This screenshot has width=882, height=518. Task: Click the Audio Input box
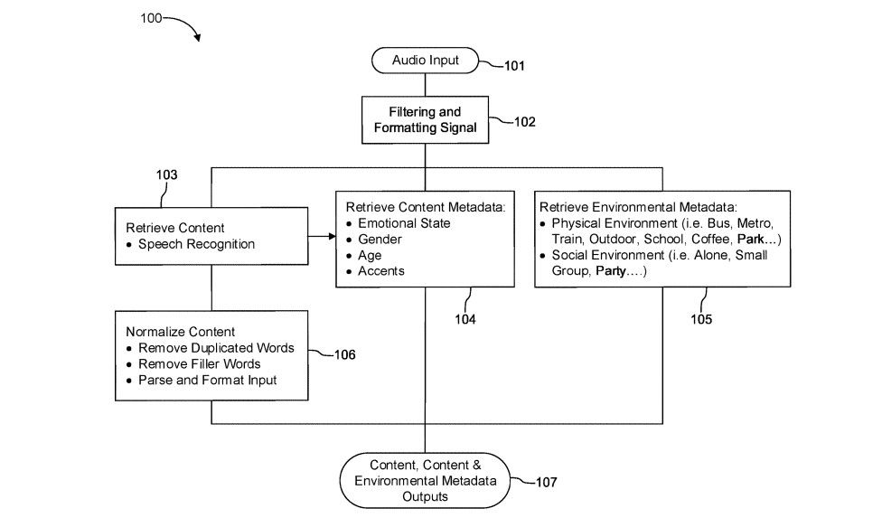[x=425, y=61]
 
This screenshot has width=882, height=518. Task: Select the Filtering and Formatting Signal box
[x=425, y=120]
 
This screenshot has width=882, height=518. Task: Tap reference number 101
[x=514, y=66]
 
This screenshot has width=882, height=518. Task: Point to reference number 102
[x=524, y=121]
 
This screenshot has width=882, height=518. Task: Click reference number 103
[x=166, y=174]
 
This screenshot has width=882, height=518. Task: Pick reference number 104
[x=464, y=318]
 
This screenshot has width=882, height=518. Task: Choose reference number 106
[x=343, y=354]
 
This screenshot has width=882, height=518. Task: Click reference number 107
[x=546, y=482]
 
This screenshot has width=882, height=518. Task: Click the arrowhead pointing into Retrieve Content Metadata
[x=330, y=237]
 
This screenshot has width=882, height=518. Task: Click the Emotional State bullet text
[x=404, y=222]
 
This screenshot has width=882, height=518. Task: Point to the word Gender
[x=380, y=239]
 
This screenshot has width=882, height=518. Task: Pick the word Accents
[x=381, y=271]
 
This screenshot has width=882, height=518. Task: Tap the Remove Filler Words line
[x=199, y=364]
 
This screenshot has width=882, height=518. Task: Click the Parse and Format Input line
[x=207, y=381]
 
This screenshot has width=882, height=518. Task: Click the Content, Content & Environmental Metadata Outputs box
[x=425, y=481]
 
